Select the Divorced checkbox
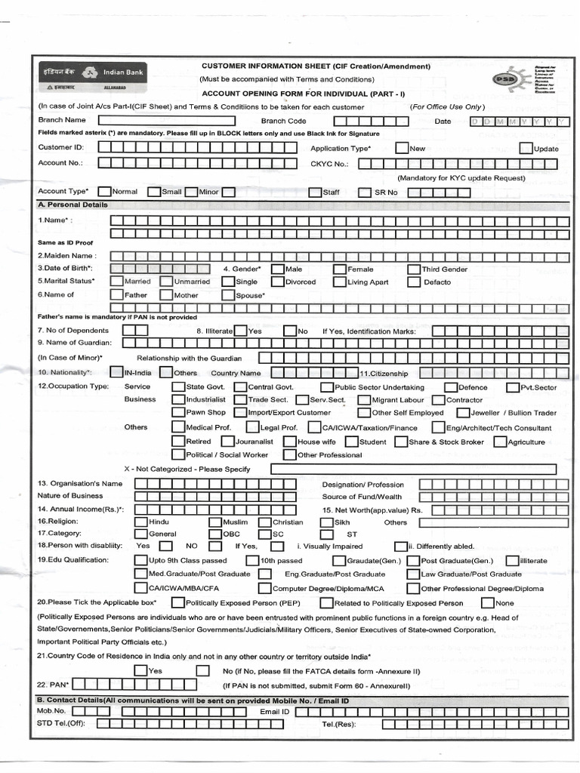279,282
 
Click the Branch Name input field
173,120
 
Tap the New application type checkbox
402,149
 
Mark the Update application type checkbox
526,149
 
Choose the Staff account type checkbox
316,192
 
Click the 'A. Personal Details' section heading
73,205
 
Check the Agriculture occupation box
500,442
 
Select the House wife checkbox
290,442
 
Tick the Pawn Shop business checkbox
178,413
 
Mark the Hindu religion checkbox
141,522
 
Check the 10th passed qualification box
252,561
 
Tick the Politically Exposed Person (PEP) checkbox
178,603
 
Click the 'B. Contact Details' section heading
193,701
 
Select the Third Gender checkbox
415,269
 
